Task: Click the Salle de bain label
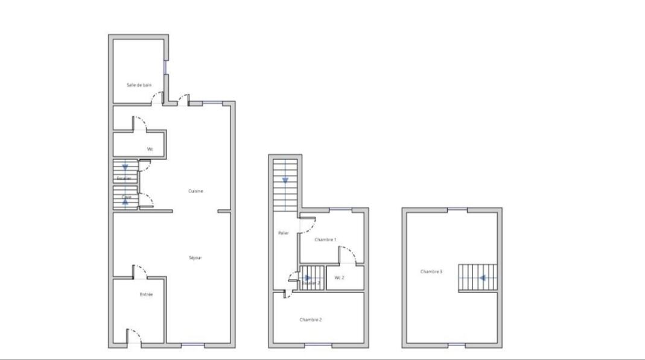click(x=138, y=85)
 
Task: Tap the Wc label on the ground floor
click(x=150, y=149)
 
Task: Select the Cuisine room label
click(x=195, y=191)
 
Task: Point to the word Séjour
click(x=195, y=258)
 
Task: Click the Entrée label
click(x=146, y=294)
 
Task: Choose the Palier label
click(x=283, y=233)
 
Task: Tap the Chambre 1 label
click(x=325, y=239)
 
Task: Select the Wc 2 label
click(x=339, y=277)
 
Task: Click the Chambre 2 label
click(x=310, y=320)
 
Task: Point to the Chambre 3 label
click(x=431, y=272)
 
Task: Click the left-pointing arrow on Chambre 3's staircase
click(x=483, y=279)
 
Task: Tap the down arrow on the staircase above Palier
click(x=285, y=180)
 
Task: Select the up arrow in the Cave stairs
click(x=125, y=201)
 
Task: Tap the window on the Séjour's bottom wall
click(x=193, y=345)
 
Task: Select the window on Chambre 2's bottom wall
click(x=318, y=345)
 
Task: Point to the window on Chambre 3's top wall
click(x=457, y=209)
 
